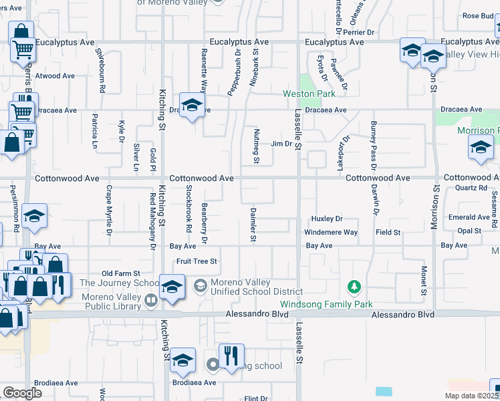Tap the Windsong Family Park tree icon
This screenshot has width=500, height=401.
coord(354,287)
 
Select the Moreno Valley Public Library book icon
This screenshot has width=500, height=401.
coord(151,301)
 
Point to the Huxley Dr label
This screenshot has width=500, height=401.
coord(327,219)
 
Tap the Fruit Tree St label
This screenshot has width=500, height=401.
coord(197,261)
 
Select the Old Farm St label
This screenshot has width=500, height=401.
coord(120,274)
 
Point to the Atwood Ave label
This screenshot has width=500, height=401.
coord(55,76)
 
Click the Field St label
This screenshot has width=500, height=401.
coord(388,233)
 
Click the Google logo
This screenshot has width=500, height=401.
coord(23,392)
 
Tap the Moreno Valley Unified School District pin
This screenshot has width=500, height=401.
coord(199,287)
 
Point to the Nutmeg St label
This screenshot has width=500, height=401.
coord(256,147)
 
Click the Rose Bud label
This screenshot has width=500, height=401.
coord(477,16)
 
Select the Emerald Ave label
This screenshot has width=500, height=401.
coord(469,217)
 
